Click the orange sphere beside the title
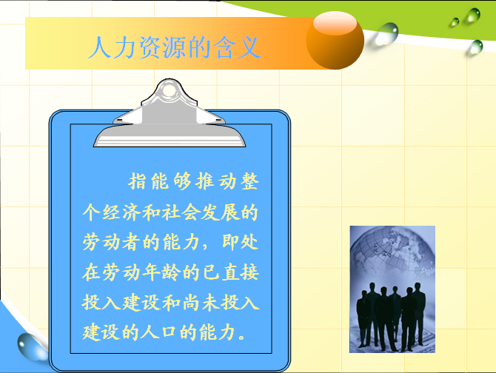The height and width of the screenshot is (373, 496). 335,41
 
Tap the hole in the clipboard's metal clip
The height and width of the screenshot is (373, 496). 170,90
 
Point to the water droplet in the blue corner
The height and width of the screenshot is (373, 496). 31,347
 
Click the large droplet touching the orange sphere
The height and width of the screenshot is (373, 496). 384,34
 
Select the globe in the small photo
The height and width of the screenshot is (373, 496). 393,253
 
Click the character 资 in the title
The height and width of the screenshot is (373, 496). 150,47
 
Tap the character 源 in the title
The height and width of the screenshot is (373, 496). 175,47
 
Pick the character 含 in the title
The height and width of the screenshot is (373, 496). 224,47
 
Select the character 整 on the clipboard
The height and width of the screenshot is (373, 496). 249,181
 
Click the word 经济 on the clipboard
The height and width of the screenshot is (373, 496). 121,212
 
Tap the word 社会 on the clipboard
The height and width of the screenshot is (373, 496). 181,212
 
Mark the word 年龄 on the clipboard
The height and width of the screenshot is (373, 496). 161,272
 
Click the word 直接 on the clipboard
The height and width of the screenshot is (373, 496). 241,272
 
